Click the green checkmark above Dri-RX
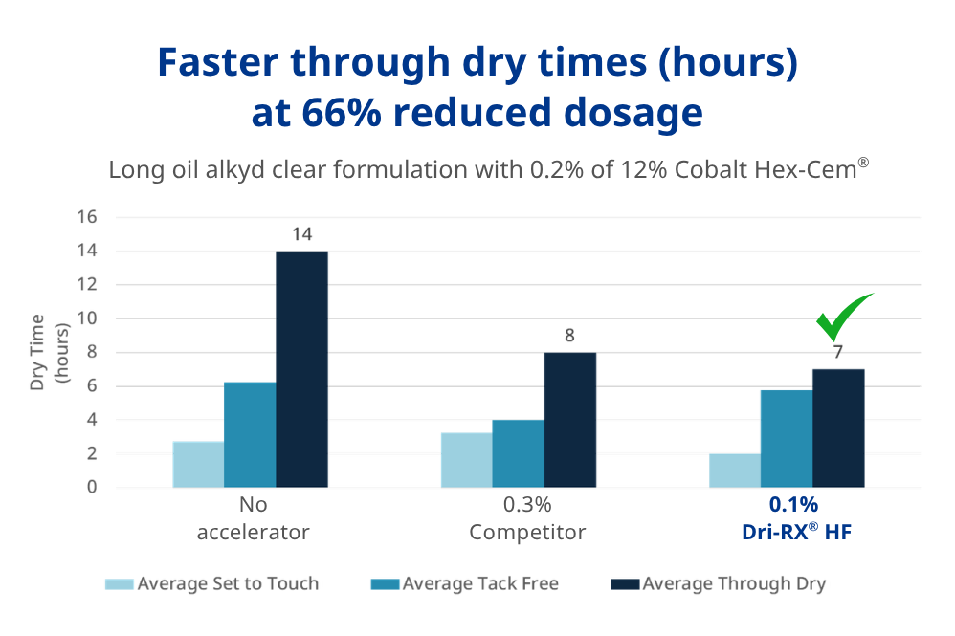pyautogui.click(x=842, y=318)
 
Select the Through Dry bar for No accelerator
pyautogui.click(x=301, y=369)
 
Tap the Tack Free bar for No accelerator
pyautogui.click(x=250, y=435)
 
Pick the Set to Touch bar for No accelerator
pyautogui.click(x=198, y=465)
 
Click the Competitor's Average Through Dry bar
pyautogui.click(x=569, y=420)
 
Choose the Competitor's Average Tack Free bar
pyautogui.click(x=518, y=453)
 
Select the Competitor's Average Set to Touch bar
pyautogui.click(x=466, y=460)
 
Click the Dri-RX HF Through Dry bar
pyautogui.click(x=838, y=428)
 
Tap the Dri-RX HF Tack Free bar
pyautogui.click(x=787, y=439)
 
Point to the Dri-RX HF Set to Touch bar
pyautogui.click(x=735, y=471)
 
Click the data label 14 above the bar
pyautogui.click(x=302, y=234)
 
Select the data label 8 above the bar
pyautogui.click(x=569, y=336)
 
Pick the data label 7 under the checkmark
pyautogui.click(x=838, y=352)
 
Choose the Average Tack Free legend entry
pyautogui.click(x=468, y=583)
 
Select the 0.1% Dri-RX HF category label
pyautogui.click(x=793, y=518)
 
